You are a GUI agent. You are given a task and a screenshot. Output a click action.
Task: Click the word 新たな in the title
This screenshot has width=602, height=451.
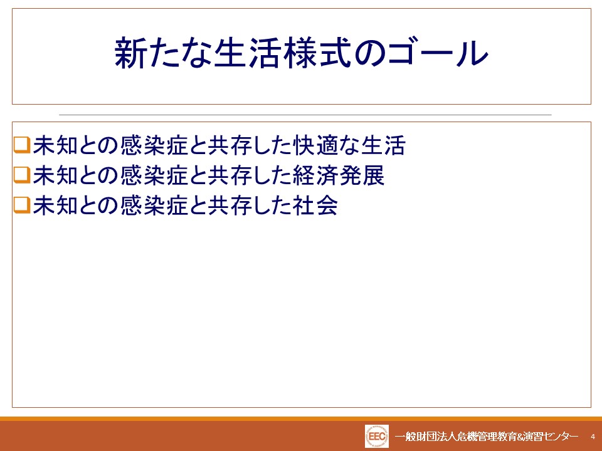[x=164, y=53]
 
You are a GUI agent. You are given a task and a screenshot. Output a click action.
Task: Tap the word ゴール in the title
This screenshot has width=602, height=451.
[x=438, y=53]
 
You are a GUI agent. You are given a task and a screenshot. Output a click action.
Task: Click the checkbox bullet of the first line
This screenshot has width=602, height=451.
[x=22, y=145]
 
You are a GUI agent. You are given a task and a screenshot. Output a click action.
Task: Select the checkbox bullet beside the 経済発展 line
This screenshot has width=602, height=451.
[x=22, y=175]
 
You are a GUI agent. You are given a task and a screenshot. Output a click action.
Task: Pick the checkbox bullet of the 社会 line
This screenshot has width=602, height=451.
[x=22, y=205]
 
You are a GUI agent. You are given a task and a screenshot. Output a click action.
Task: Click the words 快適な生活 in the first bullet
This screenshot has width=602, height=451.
[x=349, y=145]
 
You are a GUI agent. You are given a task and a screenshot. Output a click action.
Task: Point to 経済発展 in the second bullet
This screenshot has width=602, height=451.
[x=339, y=175]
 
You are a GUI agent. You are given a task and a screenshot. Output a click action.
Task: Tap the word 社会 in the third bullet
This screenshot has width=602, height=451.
[x=315, y=205]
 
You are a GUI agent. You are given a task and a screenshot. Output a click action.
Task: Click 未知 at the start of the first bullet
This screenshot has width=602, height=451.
[x=55, y=145]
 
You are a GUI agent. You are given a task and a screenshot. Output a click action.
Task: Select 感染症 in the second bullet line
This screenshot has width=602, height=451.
[x=154, y=175]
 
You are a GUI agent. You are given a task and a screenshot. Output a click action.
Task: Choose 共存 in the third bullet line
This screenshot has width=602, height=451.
[x=230, y=205]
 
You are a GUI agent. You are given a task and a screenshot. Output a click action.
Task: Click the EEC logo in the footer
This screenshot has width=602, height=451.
[x=377, y=437]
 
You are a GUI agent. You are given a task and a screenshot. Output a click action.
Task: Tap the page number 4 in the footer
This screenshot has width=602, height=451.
[x=593, y=437]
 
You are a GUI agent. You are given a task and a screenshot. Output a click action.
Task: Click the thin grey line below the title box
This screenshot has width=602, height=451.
[x=305, y=115]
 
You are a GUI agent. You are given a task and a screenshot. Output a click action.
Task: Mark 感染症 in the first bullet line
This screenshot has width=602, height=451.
[x=154, y=145]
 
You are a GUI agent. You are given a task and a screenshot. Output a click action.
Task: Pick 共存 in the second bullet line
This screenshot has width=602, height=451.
[x=230, y=175]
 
